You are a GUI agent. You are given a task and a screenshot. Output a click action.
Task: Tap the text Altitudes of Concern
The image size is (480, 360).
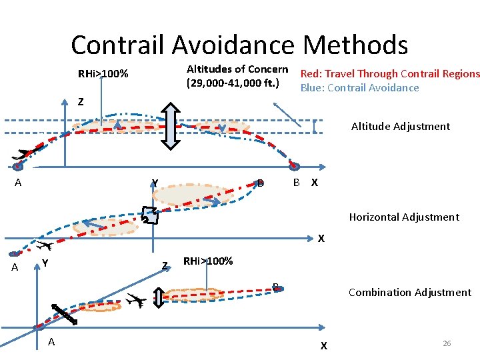pos(237,69)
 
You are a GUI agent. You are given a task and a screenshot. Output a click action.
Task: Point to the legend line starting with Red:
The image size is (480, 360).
pos(390,74)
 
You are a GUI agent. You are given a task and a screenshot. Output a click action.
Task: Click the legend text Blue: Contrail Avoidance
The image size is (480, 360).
pos(359,88)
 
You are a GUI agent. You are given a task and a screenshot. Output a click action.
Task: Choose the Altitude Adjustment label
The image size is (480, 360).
pos(400,127)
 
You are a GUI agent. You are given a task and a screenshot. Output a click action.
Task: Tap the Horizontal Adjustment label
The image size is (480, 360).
pos(404,217)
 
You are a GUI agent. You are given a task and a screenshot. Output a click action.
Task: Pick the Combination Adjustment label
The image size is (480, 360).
pos(409,293)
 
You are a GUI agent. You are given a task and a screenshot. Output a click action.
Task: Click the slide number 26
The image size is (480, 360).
pos(447,343)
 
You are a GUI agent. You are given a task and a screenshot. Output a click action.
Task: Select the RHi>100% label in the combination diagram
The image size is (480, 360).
pos(208,261)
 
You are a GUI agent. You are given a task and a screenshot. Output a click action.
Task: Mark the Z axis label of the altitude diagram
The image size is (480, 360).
pos(81,103)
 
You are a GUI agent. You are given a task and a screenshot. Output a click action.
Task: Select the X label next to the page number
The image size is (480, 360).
pos(323,346)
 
